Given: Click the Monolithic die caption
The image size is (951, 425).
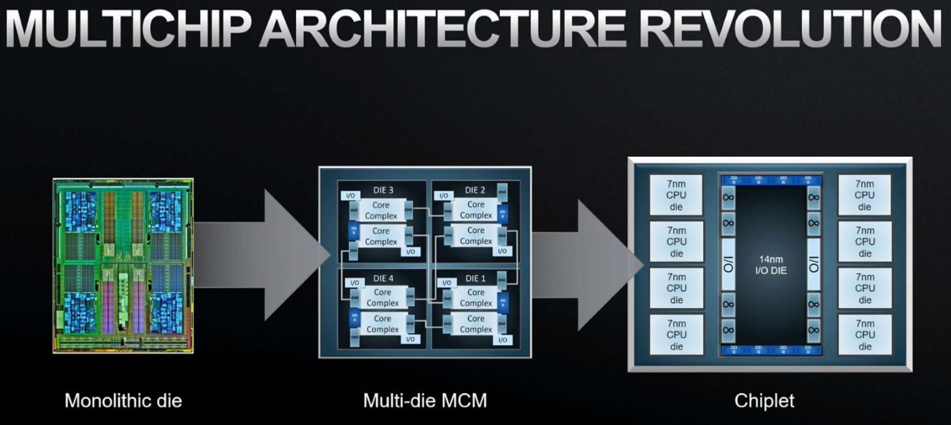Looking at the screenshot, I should coord(123,401).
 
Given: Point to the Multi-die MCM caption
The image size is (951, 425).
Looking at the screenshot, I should coord(425,401).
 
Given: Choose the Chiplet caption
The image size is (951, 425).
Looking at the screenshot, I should coord(764,401).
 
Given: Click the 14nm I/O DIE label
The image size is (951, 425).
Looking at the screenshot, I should coord(771,265).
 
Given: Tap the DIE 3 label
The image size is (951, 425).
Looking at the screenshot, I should coord(383,190).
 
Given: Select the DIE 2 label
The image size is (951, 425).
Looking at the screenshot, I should coord(475,190).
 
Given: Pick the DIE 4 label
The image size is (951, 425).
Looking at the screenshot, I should coord(383,278).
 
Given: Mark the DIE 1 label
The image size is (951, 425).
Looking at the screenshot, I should coord(475,278).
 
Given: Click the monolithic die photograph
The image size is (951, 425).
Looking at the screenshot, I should coord(123,266).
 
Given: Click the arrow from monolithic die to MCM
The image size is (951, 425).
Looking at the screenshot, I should coord(263,255).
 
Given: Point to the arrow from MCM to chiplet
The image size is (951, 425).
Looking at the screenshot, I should coord(586,265).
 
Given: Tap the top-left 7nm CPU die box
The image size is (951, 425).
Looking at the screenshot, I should coord(676,195).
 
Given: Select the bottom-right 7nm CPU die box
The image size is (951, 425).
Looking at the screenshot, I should coord(865,335).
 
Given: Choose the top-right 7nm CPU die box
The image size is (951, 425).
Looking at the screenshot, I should coord(865,195).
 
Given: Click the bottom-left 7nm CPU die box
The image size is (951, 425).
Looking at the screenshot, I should coord(676,335).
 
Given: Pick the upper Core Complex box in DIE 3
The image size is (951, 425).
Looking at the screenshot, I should coord(381,210).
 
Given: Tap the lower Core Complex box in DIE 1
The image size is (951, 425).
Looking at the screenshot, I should coord(475,324).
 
